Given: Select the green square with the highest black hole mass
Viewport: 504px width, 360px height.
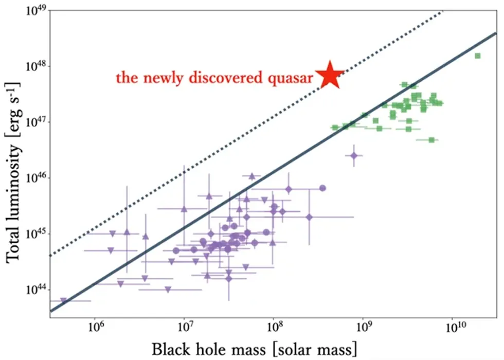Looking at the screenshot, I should point(477,56).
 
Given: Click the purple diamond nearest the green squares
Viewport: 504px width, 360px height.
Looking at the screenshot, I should point(354,155).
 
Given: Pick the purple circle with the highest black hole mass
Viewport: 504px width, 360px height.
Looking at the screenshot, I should point(322,188).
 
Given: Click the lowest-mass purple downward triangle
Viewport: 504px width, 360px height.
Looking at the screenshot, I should point(64,300).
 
